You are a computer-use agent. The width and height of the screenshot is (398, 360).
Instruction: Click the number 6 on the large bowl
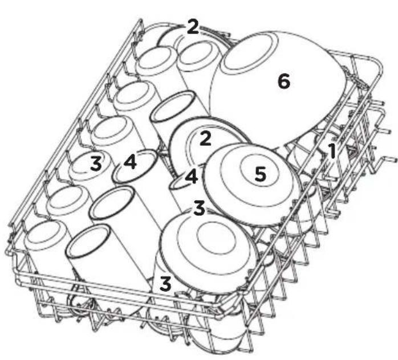tap(284, 81)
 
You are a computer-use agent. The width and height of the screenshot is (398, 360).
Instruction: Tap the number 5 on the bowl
tap(261, 174)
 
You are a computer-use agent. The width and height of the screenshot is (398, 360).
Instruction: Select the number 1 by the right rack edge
tap(332, 151)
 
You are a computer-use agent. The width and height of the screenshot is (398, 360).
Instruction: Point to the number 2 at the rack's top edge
tap(192, 27)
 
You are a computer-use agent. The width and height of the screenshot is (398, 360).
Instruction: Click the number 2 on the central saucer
tap(205, 138)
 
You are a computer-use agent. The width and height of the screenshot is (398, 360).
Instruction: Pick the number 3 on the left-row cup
tap(96, 163)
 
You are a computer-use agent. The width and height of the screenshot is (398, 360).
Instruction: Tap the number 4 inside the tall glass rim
tap(130, 162)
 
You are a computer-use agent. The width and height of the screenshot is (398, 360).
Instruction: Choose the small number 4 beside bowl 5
tap(192, 177)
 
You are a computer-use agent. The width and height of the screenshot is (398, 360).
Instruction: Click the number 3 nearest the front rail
tap(165, 284)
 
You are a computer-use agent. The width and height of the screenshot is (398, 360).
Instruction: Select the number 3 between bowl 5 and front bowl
tap(199, 208)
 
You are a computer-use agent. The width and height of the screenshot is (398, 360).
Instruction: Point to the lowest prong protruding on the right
tap(389, 160)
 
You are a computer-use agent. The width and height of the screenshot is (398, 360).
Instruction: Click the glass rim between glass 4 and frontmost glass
tap(112, 202)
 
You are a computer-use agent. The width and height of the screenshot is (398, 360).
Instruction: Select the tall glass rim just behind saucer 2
tap(173, 107)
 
